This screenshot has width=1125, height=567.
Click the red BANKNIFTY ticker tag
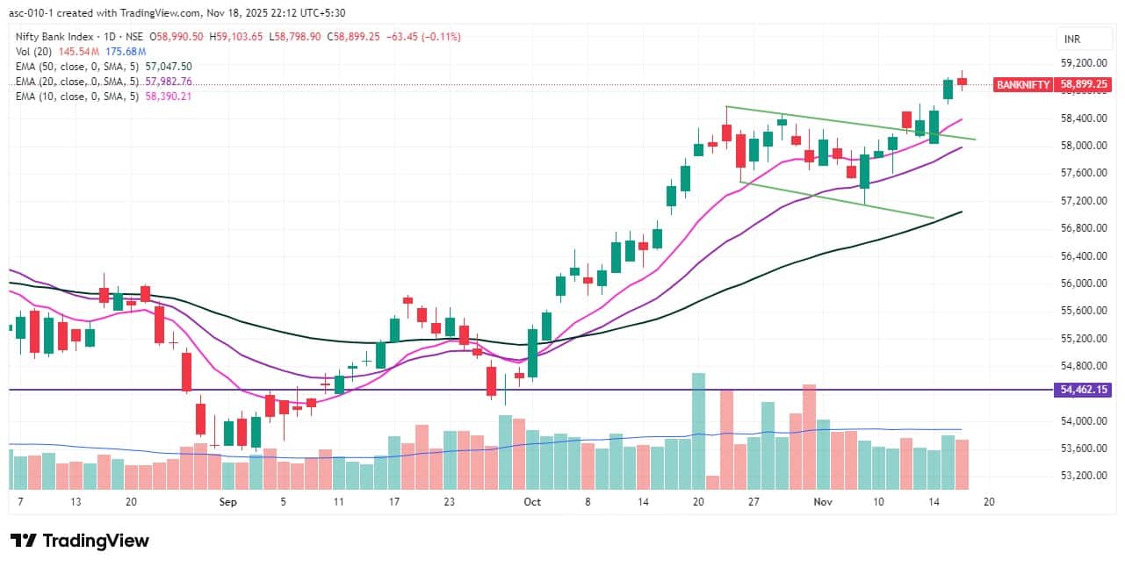[x=1022, y=85]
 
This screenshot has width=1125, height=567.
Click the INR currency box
[x=1072, y=39]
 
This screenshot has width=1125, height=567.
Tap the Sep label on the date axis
[x=228, y=502]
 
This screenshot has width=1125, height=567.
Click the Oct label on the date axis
[x=531, y=502]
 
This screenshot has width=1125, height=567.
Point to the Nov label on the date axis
[x=823, y=502]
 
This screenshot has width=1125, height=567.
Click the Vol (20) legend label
[x=36, y=51]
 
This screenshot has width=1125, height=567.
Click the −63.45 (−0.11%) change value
[x=424, y=36]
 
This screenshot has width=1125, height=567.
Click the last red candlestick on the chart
[x=963, y=82]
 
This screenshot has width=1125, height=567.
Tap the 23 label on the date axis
[x=450, y=502]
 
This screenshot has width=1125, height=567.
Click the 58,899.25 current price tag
[x=1084, y=85]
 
